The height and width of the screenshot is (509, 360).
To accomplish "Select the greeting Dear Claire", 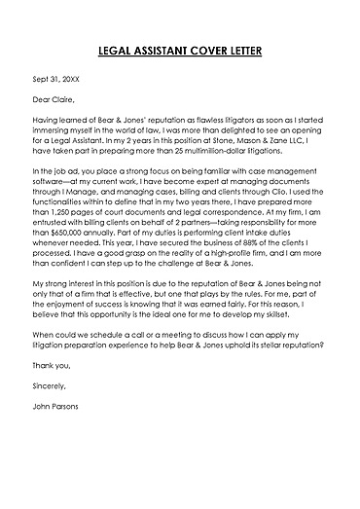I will [53, 99].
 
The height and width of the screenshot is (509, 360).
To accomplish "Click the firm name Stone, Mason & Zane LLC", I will [263, 141].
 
